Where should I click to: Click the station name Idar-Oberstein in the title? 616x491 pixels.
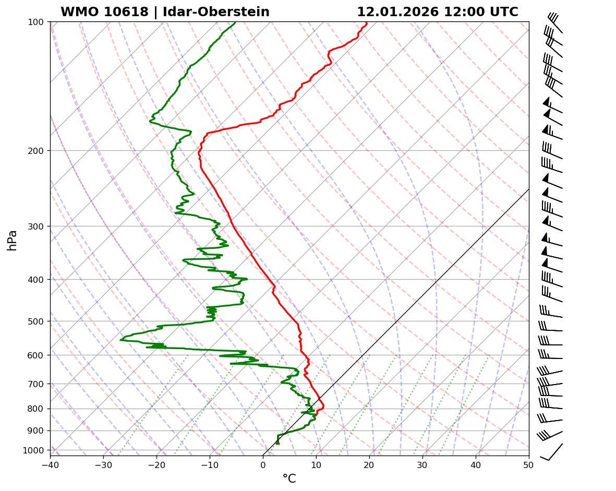216,12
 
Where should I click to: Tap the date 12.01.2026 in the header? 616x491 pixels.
397,12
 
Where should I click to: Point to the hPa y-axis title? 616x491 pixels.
12,240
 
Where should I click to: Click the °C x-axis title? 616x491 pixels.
289,478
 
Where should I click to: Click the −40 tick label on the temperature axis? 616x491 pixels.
50,464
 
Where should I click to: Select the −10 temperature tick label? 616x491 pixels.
210,464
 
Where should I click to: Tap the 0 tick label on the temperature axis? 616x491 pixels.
263,464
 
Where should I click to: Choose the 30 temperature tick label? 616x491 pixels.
422,464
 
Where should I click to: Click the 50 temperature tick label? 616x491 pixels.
529,464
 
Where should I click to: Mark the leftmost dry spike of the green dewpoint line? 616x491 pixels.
121,340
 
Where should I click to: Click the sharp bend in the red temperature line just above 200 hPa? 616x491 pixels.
207,134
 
